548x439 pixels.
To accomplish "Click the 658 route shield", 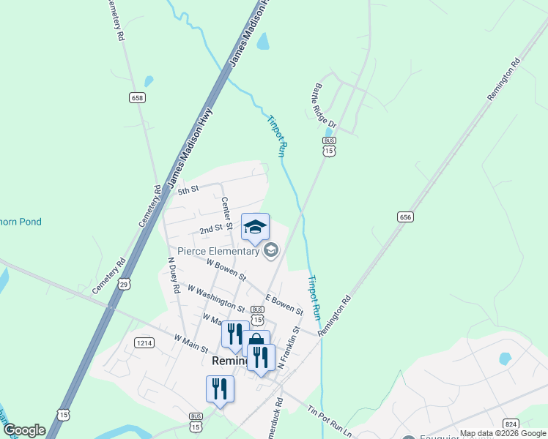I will [136, 97].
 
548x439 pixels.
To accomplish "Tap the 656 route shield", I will [406, 217].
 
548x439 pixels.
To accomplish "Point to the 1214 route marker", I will [144, 342].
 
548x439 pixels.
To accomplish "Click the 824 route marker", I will [511, 424].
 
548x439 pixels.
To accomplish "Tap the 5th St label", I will [188, 190].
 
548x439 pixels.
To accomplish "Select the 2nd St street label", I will [211, 229].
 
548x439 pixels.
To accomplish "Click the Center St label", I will [226, 212].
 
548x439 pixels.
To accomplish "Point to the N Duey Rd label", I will [174, 274].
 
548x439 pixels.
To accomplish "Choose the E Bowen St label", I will [284, 305].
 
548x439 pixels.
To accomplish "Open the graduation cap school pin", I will [255, 227].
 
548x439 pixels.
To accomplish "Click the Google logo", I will [24, 430].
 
